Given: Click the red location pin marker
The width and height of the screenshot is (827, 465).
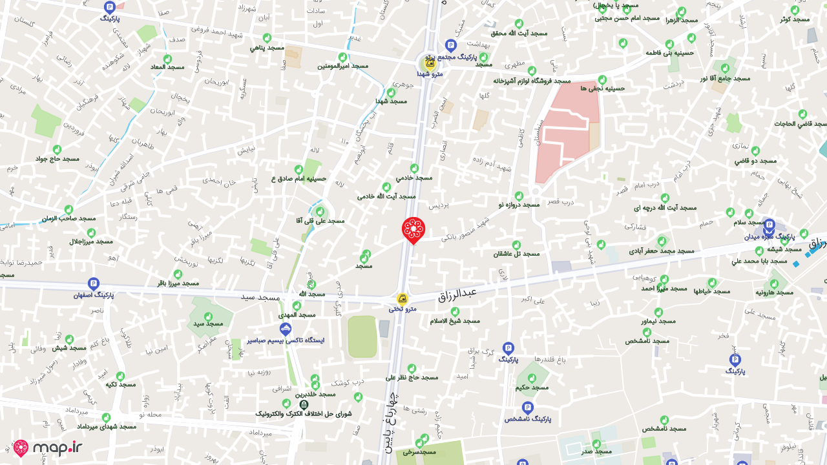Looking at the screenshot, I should coord(413,229).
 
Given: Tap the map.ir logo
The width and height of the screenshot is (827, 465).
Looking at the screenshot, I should coord(48,448).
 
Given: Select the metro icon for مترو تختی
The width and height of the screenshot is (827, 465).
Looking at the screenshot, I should coord(403,299).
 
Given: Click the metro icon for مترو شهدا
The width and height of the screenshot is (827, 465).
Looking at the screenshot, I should coord(428,63).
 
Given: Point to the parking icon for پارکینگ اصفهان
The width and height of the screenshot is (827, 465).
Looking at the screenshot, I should coord(94,284).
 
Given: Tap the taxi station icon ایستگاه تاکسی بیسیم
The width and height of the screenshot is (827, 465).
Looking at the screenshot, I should coord(285,329).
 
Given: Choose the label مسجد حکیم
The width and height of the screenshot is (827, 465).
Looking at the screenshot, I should coord(532,387).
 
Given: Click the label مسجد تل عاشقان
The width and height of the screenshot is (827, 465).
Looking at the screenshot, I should coord(516,254).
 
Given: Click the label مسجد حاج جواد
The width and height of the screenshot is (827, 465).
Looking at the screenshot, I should coord(57,159).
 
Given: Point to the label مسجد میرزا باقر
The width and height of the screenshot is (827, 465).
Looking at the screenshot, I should coord(178,283).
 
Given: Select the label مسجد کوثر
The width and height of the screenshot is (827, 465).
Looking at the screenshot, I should coord(794,19).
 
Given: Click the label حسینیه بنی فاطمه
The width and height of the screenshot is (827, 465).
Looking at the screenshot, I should coord(669,52).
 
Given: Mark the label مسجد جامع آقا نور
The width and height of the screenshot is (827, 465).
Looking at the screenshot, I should coord(725,78).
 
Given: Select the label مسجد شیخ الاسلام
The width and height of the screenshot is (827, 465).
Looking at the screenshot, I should coord(455,320).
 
